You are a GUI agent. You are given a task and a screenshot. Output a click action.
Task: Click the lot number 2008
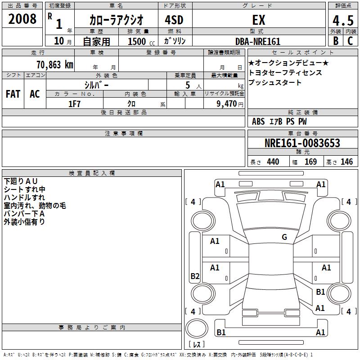coord(22,19)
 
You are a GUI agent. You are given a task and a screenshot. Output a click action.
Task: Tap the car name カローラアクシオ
coord(116,20)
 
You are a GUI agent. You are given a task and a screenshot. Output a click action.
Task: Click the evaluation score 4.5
coord(342,21)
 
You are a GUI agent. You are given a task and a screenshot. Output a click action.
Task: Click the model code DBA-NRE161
coord(258,41)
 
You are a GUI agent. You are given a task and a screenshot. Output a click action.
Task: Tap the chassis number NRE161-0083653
coord(302,144)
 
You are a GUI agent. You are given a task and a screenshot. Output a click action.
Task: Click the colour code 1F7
coord(75,103)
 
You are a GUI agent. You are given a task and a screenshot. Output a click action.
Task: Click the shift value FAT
coord(13,94)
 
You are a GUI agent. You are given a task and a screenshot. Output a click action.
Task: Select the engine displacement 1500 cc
coord(140,41)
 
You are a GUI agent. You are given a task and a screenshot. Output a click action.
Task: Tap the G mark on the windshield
coord(284,237)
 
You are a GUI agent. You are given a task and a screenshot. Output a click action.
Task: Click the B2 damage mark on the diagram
coord(195,276)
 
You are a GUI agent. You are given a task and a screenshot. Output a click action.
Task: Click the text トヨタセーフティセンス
coord(285,72)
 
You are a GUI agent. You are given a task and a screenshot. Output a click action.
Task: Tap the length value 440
coord(273,162)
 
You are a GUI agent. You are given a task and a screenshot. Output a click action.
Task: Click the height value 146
coord(346,162)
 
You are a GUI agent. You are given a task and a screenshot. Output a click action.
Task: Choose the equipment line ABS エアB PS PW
coord(279,121)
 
